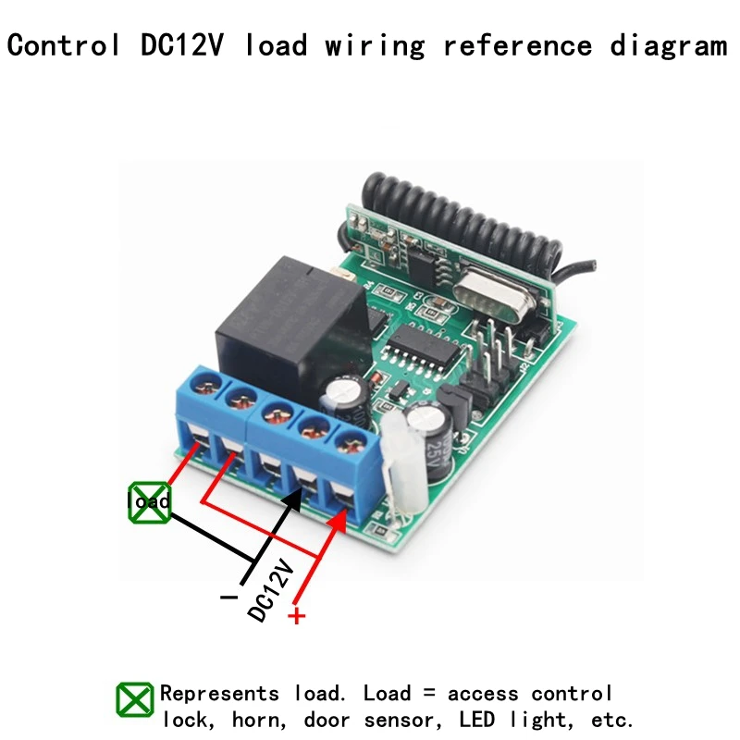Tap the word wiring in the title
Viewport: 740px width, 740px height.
tap(374, 45)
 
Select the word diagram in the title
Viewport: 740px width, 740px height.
tap(668, 45)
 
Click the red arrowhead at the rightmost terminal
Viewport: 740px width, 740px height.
tap(338, 522)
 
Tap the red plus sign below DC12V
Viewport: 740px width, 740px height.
tap(296, 615)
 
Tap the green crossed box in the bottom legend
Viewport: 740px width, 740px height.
tap(135, 700)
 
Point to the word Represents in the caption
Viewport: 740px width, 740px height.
tap(219, 693)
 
